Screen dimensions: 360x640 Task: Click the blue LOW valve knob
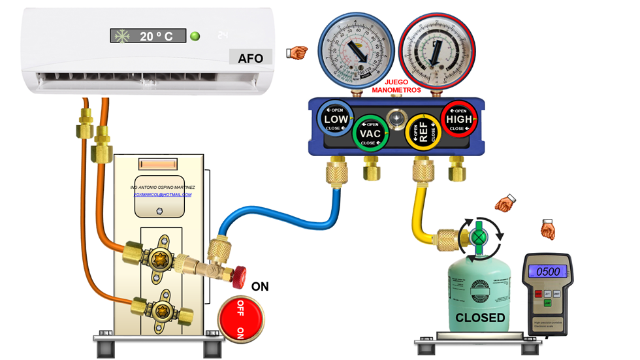(336, 120)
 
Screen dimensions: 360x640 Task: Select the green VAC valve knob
(370, 134)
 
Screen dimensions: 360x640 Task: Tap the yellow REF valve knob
(421, 133)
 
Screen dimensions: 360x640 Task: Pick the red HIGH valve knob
(459, 120)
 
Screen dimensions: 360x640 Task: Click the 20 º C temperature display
(148, 37)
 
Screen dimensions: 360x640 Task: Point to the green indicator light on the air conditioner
(195, 36)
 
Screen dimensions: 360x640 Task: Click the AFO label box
(250, 58)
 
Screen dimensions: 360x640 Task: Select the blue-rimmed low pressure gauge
(352, 49)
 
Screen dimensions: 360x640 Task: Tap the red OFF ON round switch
(241, 318)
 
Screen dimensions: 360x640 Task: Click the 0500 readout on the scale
(548, 271)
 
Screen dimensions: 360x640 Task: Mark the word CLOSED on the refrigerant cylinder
(480, 318)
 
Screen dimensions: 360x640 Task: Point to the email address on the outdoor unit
(163, 194)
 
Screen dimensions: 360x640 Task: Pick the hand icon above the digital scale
(547, 229)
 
